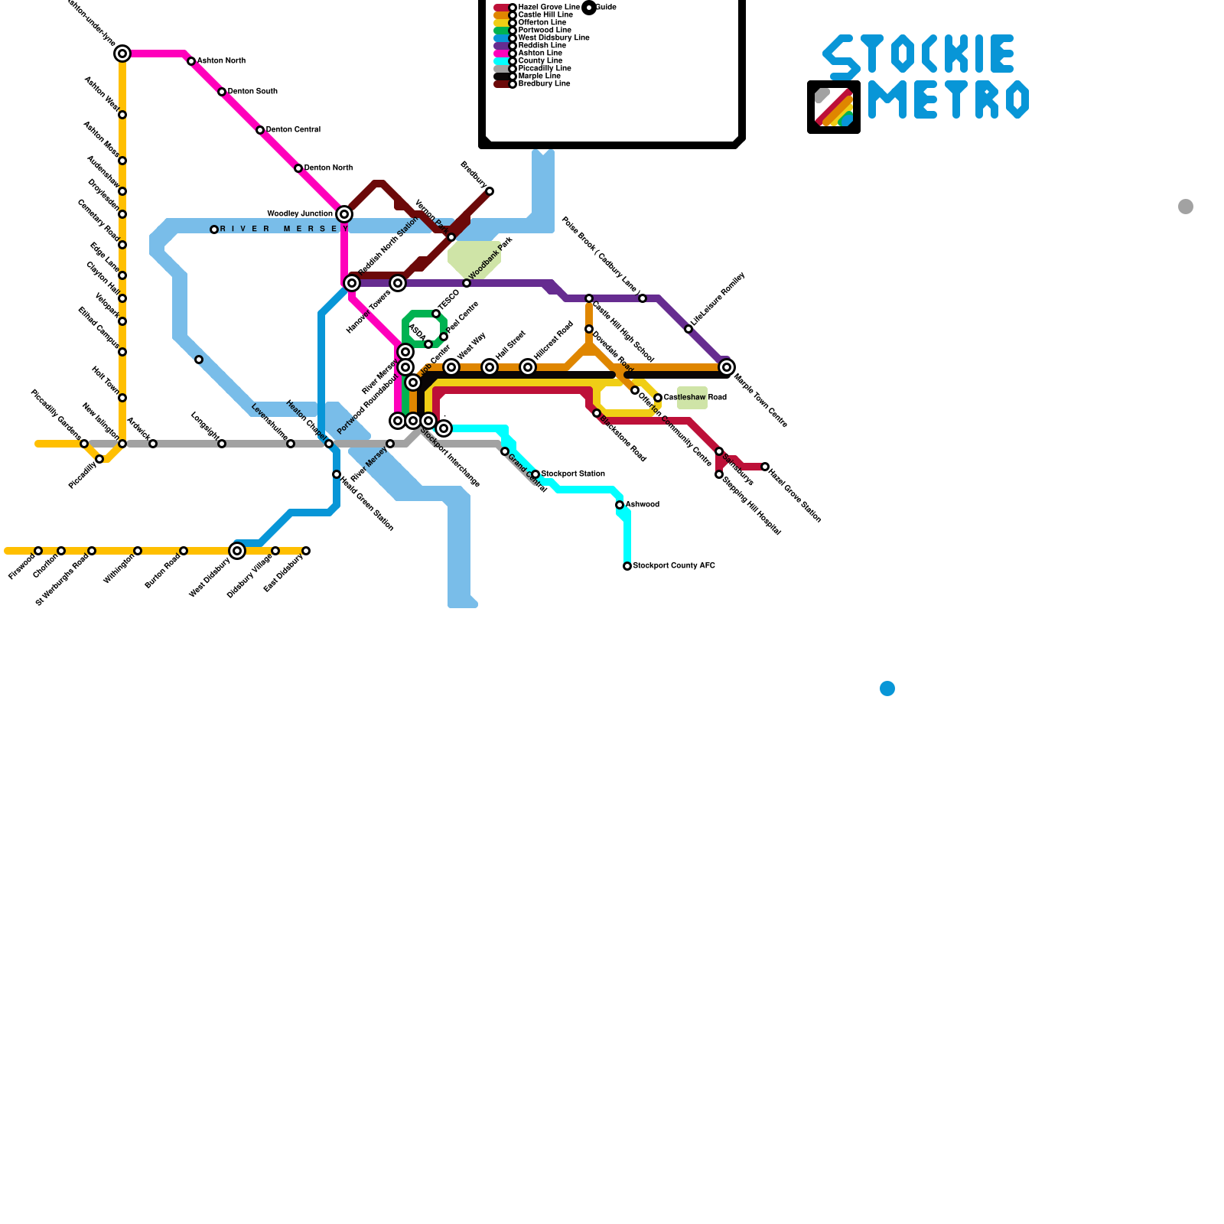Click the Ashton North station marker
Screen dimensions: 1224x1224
point(191,61)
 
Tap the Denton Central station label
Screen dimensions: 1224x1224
point(293,130)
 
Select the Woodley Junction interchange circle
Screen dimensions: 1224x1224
point(344,214)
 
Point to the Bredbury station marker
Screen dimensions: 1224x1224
point(490,191)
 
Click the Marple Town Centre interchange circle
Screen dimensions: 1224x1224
point(727,367)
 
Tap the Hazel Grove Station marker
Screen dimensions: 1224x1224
point(765,467)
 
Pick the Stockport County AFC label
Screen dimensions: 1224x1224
point(674,566)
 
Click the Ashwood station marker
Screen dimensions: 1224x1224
point(620,505)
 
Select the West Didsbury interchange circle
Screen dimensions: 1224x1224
point(237,551)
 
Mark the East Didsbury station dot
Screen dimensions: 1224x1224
point(306,551)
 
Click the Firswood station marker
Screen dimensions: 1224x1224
point(38,551)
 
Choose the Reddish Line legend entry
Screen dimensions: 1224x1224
point(542,46)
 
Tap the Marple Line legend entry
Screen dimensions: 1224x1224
point(539,76)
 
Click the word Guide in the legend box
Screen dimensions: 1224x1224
point(606,8)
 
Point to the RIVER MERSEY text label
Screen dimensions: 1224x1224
point(284,229)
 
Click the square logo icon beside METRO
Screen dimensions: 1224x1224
point(834,107)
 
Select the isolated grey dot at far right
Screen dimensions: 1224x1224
point(1186,207)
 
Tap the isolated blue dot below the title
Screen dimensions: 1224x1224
point(887,688)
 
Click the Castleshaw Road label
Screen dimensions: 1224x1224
point(695,398)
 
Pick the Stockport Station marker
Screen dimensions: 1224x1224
point(535,474)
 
